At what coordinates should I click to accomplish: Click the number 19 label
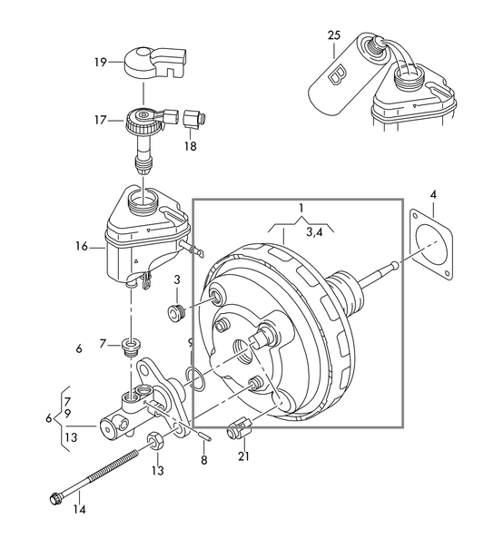101,62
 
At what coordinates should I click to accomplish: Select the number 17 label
101,119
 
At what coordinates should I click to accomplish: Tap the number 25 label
334,35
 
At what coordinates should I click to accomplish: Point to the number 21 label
242,456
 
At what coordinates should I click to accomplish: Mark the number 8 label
203,461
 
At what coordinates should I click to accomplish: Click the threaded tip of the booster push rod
394,265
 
